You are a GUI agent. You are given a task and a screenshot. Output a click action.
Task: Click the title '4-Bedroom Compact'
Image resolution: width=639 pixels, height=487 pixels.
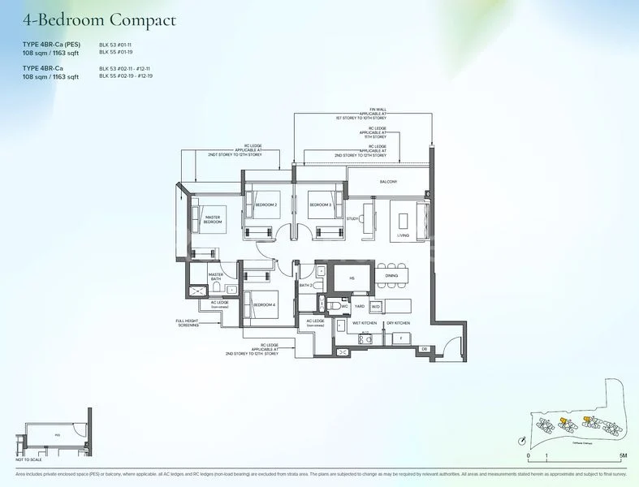[99, 19]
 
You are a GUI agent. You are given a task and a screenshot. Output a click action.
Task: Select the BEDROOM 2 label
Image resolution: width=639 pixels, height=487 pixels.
[266, 205]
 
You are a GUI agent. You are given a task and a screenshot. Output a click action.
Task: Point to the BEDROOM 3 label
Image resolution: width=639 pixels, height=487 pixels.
[320, 205]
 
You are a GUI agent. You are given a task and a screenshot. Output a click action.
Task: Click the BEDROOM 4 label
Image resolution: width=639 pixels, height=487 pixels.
[265, 304]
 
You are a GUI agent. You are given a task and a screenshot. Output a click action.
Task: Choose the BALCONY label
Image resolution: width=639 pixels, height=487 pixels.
[388, 182]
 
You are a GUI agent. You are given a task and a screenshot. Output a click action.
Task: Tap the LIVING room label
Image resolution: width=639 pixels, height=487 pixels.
[404, 235]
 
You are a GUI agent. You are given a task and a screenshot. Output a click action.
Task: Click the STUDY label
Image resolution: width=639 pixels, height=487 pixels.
[352, 218]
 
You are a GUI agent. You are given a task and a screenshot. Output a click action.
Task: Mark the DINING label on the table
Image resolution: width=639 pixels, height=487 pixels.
[391, 276]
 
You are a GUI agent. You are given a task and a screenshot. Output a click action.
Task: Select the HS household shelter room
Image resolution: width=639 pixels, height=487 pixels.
[352, 278]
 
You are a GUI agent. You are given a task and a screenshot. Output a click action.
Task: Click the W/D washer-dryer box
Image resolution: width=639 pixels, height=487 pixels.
[375, 307]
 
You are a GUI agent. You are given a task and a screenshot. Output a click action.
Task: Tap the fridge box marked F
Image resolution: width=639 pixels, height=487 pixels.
[401, 337]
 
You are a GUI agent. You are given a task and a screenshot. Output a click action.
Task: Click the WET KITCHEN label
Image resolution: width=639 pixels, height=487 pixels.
[365, 322]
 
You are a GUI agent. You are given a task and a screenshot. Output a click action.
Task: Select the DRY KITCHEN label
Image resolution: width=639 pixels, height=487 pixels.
[397, 322]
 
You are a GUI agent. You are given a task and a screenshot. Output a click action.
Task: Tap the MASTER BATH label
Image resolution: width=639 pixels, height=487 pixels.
[216, 277]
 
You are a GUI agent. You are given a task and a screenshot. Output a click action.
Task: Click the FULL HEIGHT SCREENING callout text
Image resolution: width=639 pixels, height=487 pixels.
[188, 324]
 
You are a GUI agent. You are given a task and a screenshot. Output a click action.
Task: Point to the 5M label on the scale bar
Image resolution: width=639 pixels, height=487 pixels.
[620, 456]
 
